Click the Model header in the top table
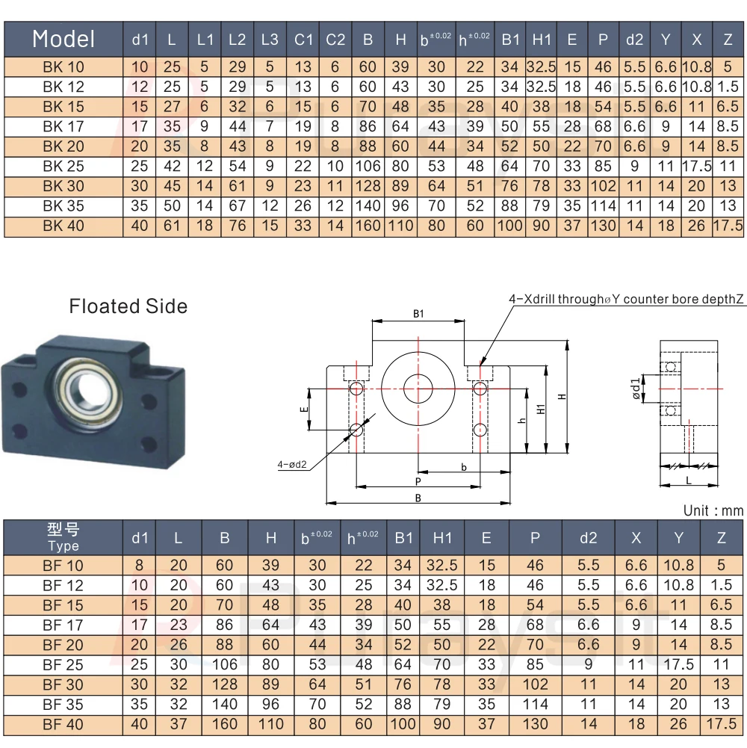coord(63,39)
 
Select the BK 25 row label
coord(63,166)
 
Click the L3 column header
coord(270,40)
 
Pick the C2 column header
coord(335,40)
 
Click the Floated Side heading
coord(128,306)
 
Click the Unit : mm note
coord(713,511)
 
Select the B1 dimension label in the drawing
coord(418,315)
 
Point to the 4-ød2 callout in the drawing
coord(292,465)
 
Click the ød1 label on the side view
coord(636,389)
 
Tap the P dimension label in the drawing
coord(418,481)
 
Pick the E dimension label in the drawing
coord(303,409)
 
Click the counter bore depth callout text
coord(626,300)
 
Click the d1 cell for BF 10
coord(140,566)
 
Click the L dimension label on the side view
coord(688,481)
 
